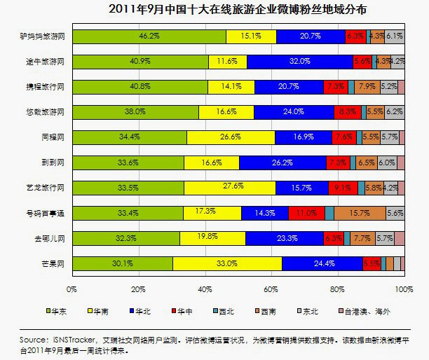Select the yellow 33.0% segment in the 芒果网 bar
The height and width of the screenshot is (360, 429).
coord(227,263)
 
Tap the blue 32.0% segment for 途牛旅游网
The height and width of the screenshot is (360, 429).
coord(299,62)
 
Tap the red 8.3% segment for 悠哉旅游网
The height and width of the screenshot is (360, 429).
coord(347,112)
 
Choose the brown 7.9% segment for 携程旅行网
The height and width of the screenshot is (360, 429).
coord(365,87)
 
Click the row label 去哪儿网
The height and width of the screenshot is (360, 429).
coord(50,238)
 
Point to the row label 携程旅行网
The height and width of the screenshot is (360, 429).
coord(48,87)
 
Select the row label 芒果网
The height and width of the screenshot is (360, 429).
coord(53,263)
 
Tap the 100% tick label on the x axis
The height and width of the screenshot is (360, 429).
coord(402,288)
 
